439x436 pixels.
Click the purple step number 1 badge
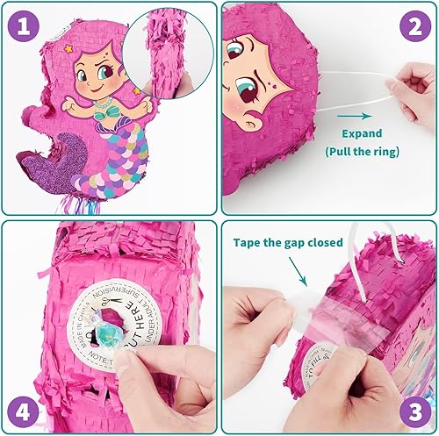[25, 26]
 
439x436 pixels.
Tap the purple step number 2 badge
[413, 26]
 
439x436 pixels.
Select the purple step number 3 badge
[413, 410]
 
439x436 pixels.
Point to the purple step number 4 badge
[25, 410]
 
